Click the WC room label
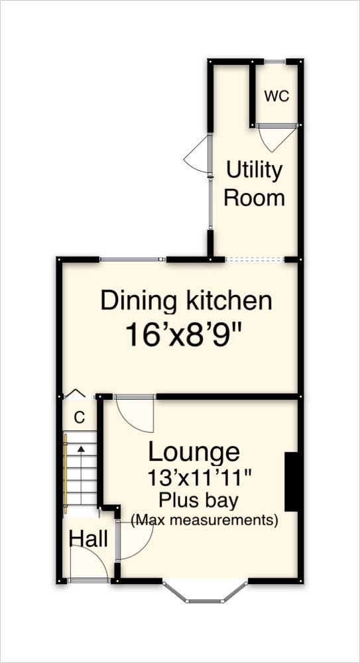[x=276, y=96]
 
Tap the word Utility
[x=254, y=171]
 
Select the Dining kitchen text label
[x=186, y=301]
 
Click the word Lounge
[x=194, y=452]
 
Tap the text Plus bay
[x=199, y=499]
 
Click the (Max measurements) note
[x=204, y=520]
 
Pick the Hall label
[x=88, y=539]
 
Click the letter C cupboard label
[x=80, y=418]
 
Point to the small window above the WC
[x=276, y=62]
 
